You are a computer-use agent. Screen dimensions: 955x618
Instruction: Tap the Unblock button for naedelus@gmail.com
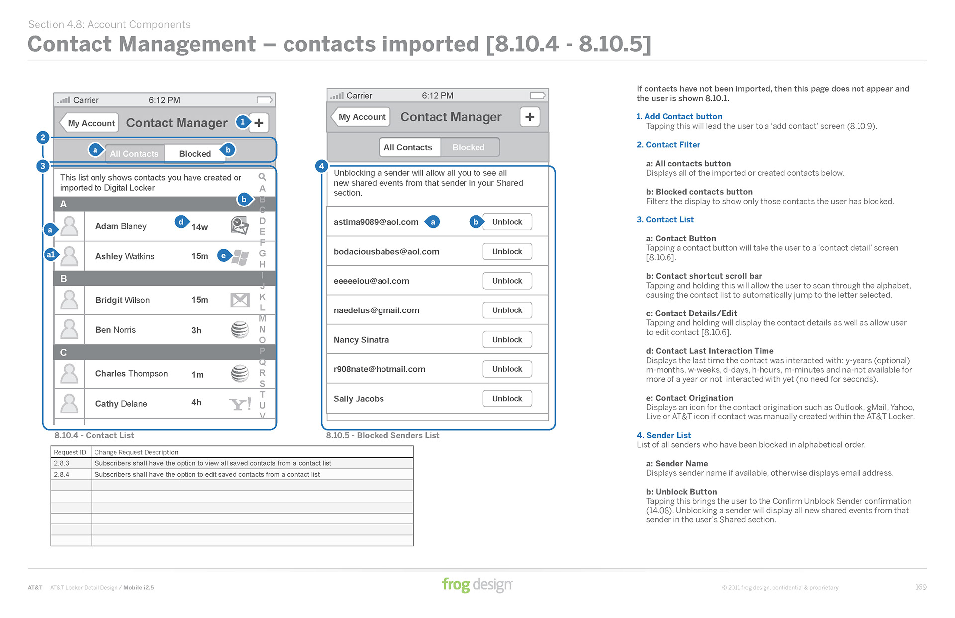[507, 310]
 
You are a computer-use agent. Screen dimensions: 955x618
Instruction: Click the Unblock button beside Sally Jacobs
[507, 398]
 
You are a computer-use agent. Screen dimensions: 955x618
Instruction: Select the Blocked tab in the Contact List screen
[195, 154]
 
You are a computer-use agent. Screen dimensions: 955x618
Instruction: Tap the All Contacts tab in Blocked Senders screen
[408, 147]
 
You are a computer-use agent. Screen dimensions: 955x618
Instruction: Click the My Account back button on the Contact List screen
[90, 123]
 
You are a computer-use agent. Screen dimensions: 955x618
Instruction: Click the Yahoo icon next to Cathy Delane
[240, 403]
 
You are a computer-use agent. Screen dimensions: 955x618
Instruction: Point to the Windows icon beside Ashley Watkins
[240, 257]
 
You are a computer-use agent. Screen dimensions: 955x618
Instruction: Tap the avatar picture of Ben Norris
[69, 329]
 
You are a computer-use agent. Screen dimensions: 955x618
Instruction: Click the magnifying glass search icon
[262, 177]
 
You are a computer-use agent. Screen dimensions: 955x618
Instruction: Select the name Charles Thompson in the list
[131, 373]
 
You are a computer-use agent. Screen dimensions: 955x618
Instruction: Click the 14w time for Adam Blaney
[200, 227]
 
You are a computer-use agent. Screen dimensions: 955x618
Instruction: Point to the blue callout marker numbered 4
[322, 166]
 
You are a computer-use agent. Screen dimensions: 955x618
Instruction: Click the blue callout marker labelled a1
[51, 255]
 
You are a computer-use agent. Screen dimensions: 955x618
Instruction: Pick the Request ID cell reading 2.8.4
[62, 474]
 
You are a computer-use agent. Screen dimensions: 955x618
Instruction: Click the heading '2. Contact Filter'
[668, 145]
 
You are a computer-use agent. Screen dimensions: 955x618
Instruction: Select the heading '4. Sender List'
[664, 435]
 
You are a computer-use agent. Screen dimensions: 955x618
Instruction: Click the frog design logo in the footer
[477, 585]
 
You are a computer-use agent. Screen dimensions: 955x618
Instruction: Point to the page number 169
[921, 587]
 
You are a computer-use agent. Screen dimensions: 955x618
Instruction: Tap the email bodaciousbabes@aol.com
[386, 252]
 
